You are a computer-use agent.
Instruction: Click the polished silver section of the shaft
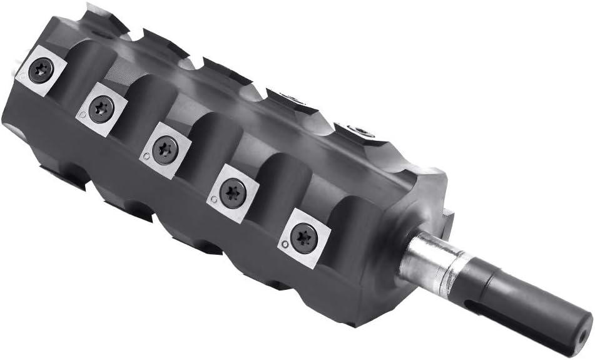click(x=432, y=263)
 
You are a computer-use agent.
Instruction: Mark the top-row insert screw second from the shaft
click(x=289, y=96)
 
